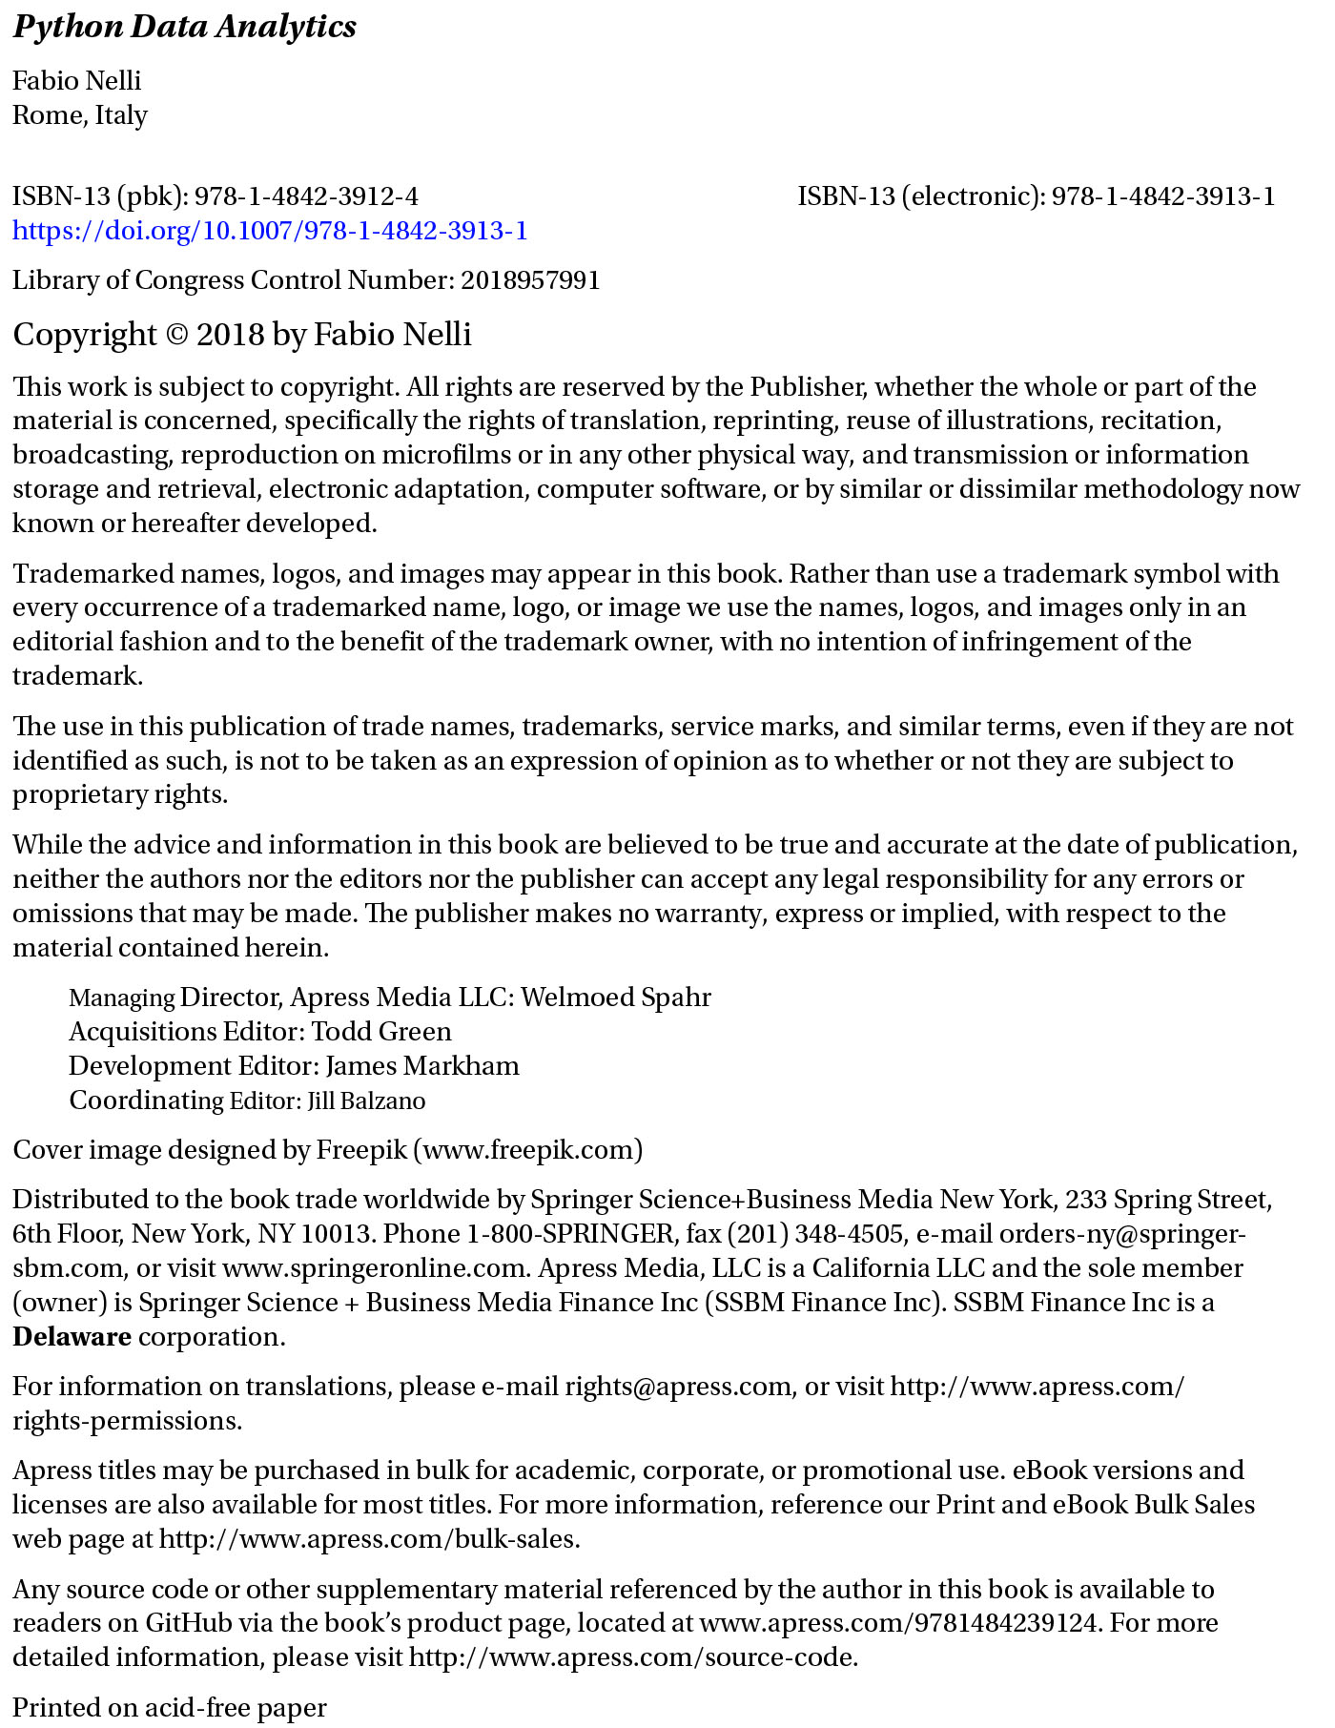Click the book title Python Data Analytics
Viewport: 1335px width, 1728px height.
[x=184, y=27]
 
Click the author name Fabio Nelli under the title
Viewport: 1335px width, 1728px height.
[x=76, y=80]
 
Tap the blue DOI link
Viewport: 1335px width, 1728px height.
[x=270, y=231]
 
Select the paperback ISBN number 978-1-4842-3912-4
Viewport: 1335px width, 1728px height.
[x=306, y=196]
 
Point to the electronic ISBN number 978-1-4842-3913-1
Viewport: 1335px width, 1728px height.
[x=1162, y=196]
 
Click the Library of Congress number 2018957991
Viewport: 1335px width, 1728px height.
[x=530, y=280]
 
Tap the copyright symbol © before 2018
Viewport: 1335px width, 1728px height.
[x=177, y=335]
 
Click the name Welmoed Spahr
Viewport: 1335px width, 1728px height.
[x=616, y=998]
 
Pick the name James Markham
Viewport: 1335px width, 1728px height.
[x=422, y=1066]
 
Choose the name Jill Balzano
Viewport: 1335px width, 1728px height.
[x=366, y=1101]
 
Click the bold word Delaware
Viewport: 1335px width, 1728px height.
[x=72, y=1337]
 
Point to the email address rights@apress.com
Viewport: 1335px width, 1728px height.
[x=678, y=1387]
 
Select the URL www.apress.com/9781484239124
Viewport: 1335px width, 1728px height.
[x=898, y=1623]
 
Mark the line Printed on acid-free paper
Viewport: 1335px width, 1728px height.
[x=170, y=1707]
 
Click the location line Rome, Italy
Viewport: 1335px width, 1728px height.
[x=80, y=115]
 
